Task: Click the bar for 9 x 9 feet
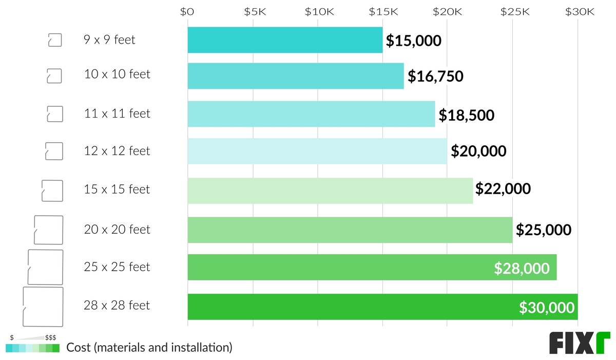coord(285,40)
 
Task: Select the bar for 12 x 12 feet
coord(317,151)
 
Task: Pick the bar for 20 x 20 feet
coord(350,230)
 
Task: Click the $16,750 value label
coord(435,77)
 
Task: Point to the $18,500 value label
coord(466,115)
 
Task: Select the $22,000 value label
coord(503,190)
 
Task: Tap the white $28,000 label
coord(522,268)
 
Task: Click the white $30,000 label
coord(546,307)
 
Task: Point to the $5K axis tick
coord(253,12)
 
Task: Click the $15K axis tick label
coord(382,12)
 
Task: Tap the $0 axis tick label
coord(188,12)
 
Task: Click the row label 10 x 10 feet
coord(117,74)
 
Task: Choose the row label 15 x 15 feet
coord(117,190)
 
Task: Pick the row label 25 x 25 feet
coord(117,267)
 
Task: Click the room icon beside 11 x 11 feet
coord(54,114)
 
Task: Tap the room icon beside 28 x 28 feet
coord(43,307)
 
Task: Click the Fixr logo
coord(580,343)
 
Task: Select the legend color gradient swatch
coord(33,348)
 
